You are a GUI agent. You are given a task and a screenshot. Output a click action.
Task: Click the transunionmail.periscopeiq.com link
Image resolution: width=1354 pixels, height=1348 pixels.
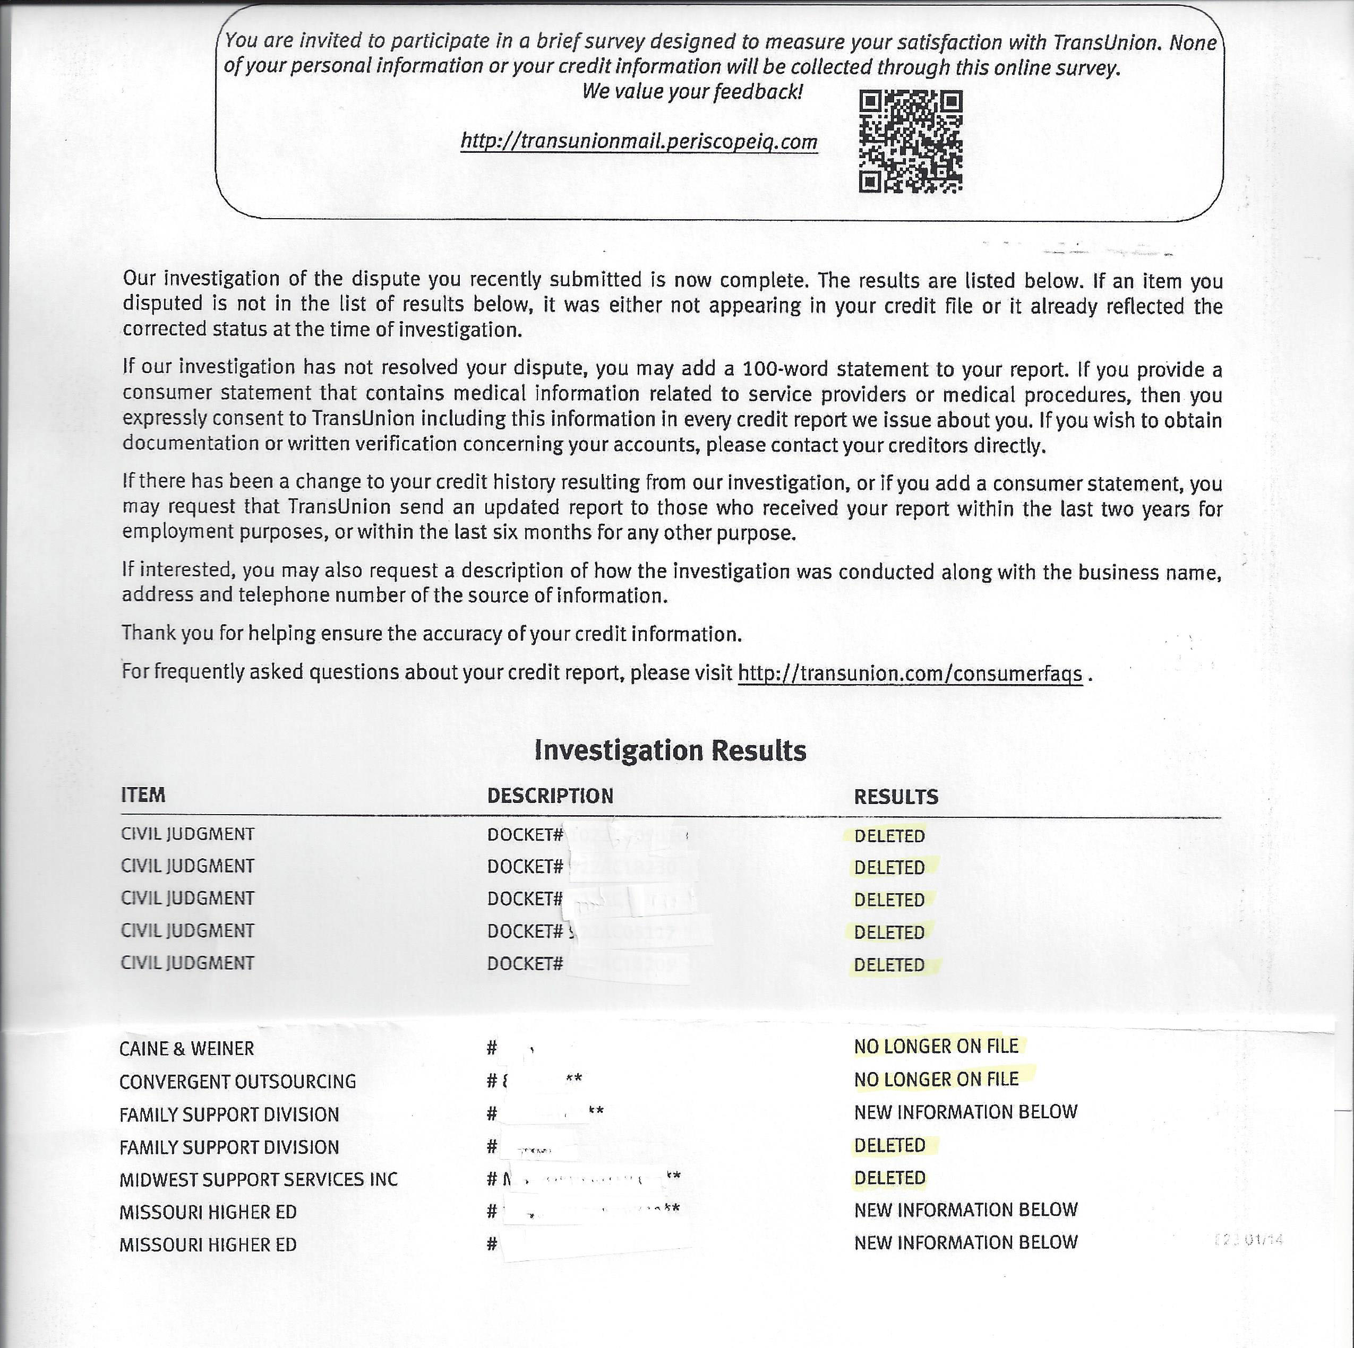[x=638, y=142]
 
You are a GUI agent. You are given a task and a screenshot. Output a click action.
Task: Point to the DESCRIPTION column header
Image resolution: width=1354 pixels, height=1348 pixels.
[x=550, y=796]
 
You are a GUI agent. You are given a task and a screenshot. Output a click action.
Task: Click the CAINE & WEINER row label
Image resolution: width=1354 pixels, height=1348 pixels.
[x=186, y=1049]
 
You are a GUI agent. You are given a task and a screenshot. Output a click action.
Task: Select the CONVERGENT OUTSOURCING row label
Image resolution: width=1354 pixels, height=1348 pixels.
[x=237, y=1082]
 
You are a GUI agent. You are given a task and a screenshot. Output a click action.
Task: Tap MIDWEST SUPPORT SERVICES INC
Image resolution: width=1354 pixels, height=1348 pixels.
[x=258, y=1179]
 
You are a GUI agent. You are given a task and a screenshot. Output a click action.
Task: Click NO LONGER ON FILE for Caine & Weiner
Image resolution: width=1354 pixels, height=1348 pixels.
[x=935, y=1047]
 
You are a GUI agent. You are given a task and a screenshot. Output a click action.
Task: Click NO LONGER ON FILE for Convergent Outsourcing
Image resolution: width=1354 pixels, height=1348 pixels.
[x=935, y=1079]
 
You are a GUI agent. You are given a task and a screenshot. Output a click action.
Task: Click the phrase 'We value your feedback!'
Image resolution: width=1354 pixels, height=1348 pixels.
[x=692, y=92]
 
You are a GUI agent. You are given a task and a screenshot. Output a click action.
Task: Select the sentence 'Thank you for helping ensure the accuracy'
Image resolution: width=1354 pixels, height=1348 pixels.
[x=431, y=634]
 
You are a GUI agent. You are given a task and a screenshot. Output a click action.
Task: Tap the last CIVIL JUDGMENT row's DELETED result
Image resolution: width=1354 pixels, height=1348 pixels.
[x=889, y=965]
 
